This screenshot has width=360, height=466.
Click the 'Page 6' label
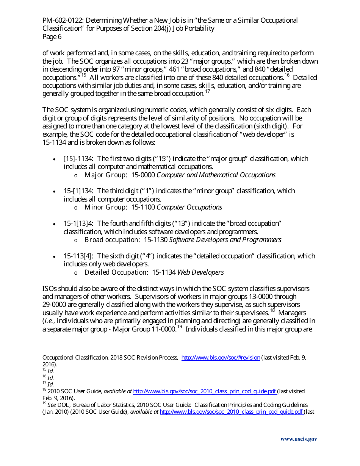click(x=52, y=37)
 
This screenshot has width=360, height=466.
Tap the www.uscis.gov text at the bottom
click(x=299, y=439)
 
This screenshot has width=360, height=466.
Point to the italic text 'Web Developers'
click(x=200, y=272)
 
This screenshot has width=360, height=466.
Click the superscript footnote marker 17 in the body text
click(x=208, y=91)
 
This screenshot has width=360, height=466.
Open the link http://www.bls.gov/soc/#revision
click(x=221, y=358)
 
